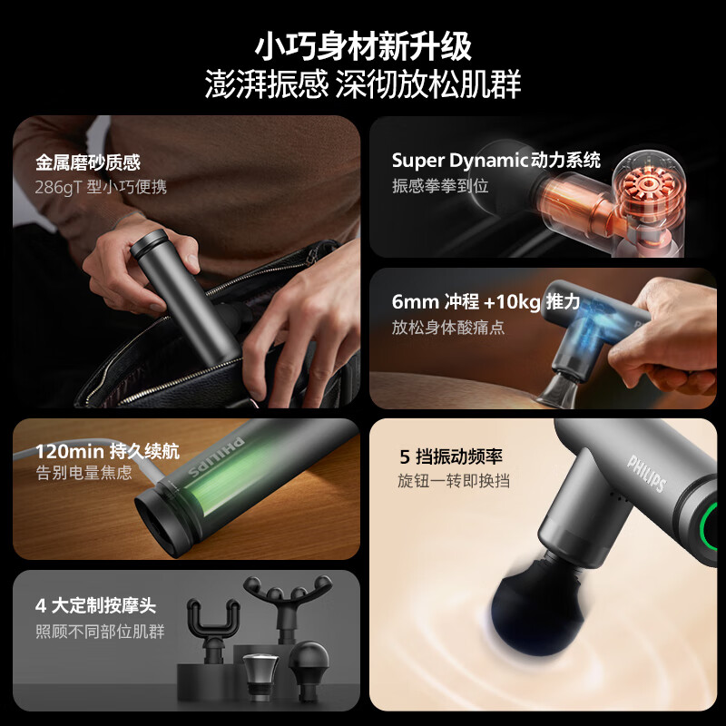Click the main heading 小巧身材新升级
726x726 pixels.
pos(363,44)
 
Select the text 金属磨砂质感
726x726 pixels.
pos(88,162)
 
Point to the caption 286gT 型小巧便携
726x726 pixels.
pos(101,187)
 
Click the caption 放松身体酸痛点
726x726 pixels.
pos(447,328)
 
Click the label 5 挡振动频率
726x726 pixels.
pos(453,456)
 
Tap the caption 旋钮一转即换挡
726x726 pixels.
pos(454,480)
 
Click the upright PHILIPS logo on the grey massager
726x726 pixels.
pos(647,473)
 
